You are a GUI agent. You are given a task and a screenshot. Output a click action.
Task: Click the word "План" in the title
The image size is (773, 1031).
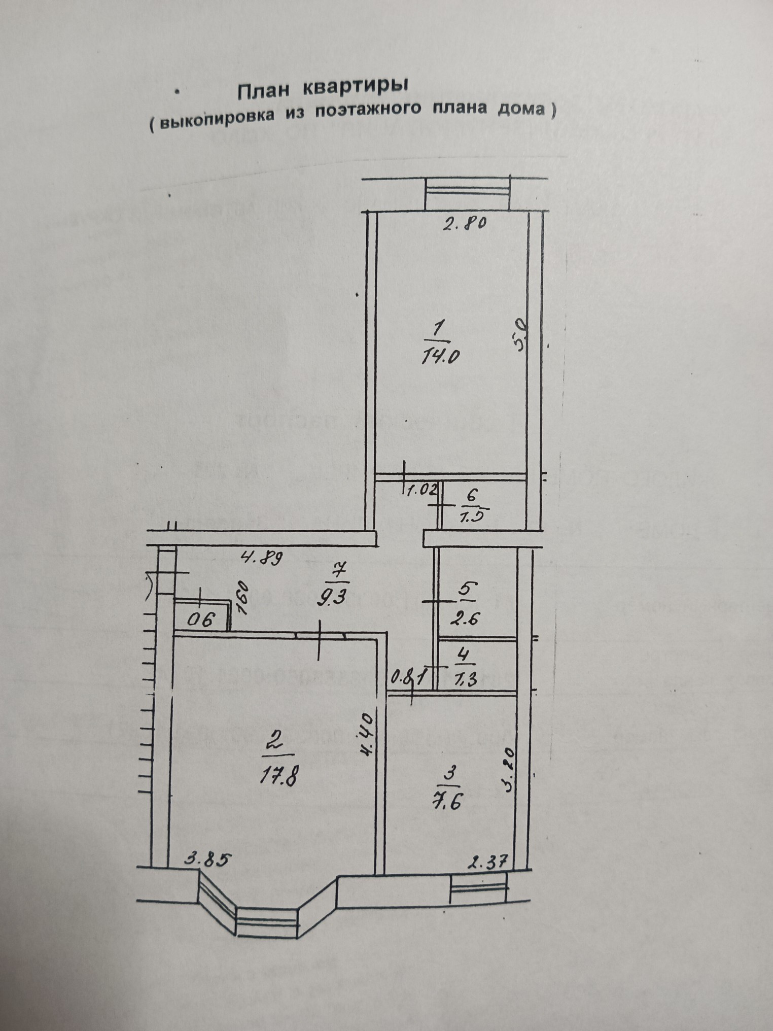263,91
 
